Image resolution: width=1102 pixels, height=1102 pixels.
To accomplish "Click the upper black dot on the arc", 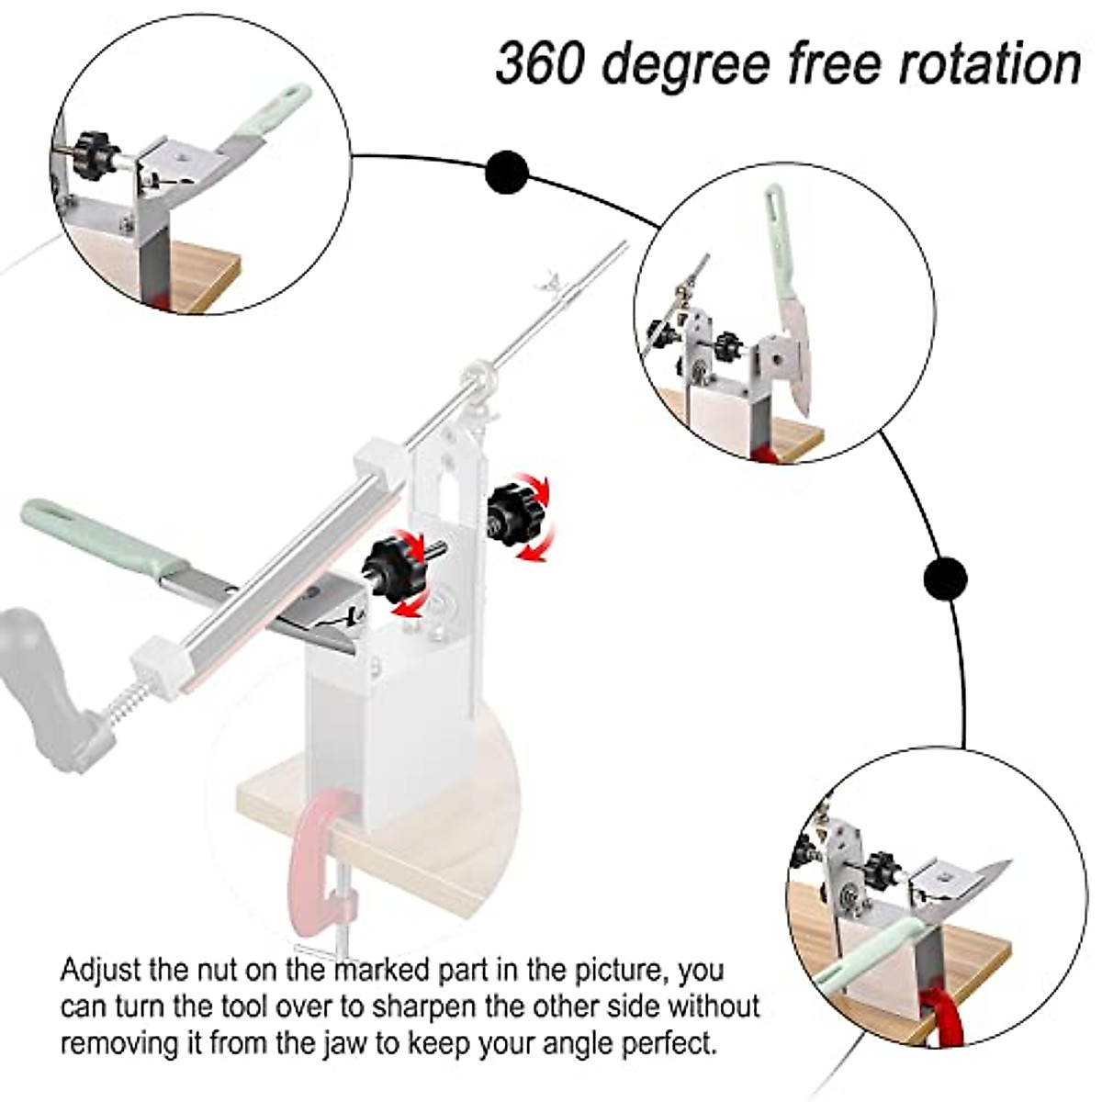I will coord(507,172).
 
